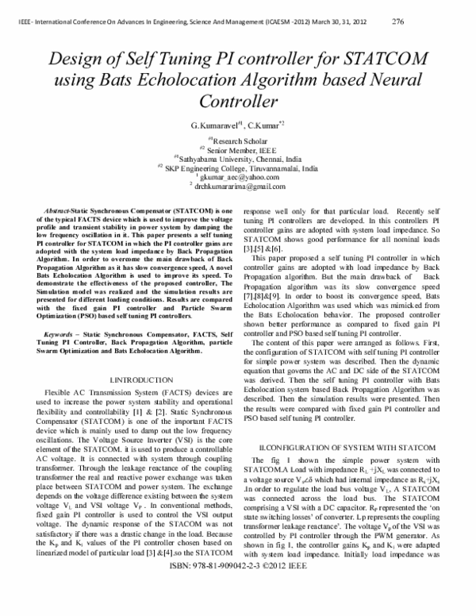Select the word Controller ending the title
click(x=238, y=102)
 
